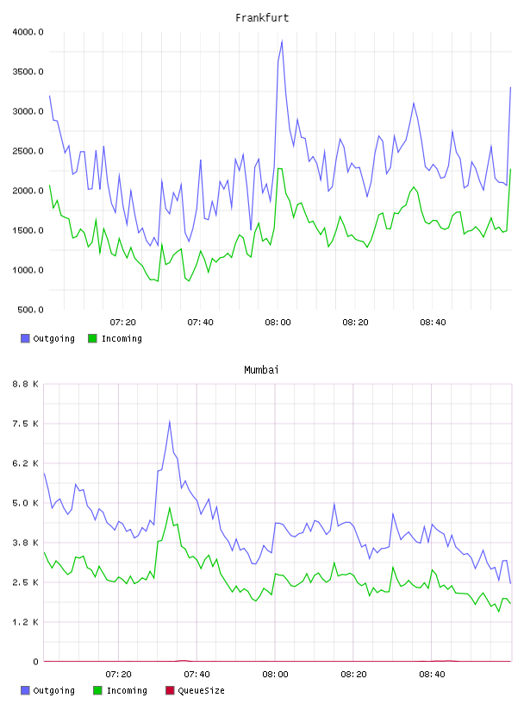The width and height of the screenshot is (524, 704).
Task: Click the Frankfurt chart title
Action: [x=262, y=18]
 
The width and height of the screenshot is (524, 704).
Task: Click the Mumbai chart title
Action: [x=261, y=370]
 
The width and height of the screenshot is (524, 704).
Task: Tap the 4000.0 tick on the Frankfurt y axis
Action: [x=28, y=32]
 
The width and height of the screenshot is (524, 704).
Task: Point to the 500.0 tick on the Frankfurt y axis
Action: [x=30, y=310]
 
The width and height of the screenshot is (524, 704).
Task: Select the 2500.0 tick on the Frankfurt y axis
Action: [x=28, y=151]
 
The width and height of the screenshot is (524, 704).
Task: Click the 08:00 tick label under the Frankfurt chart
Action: [x=278, y=323]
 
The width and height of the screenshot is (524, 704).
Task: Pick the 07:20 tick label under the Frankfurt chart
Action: [x=123, y=323]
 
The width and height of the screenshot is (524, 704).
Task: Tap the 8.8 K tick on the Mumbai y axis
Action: [x=26, y=384]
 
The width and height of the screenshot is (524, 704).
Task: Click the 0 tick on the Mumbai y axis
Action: [x=36, y=662]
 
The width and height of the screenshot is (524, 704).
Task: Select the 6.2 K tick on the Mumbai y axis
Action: [x=26, y=463]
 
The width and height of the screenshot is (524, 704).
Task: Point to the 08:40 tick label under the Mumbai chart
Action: [x=432, y=675]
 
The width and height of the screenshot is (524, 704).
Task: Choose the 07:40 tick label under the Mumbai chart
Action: [x=196, y=675]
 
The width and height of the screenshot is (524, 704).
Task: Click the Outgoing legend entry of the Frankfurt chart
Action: [x=47, y=338]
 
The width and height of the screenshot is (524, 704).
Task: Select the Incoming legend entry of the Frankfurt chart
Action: [x=115, y=338]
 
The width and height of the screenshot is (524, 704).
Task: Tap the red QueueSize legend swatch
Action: [x=170, y=690]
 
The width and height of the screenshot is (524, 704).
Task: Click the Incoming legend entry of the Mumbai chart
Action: [x=121, y=690]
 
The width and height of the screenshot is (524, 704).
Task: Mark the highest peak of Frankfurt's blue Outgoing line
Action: [x=282, y=41]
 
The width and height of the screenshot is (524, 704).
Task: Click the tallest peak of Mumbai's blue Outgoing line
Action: [x=170, y=421]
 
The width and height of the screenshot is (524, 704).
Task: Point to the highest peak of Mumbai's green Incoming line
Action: [x=170, y=508]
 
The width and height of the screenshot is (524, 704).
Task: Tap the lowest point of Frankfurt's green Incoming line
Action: [x=158, y=281]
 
